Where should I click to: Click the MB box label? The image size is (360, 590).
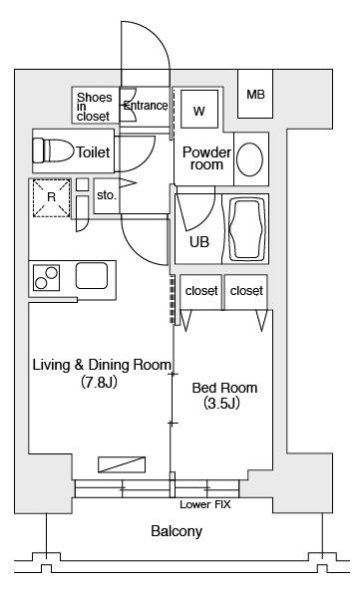[x=256, y=94]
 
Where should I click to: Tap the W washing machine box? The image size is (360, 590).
[x=198, y=110]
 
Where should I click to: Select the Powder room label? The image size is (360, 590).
[x=206, y=157]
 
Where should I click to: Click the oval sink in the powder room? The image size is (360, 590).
[x=252, y=158]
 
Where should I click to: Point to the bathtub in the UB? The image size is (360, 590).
[x=248, y=228]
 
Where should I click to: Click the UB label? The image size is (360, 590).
[x=198, y=241]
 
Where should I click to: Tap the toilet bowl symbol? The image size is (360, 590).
[x=56, y=151]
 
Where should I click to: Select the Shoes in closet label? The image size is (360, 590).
[x=94, y=106]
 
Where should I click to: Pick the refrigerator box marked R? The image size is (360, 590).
[x=51, y=197]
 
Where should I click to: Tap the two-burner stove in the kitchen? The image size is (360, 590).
[x=46, y=277]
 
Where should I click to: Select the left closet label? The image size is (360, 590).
[x=201, y=291]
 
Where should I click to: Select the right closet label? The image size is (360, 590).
[x=245, y=291]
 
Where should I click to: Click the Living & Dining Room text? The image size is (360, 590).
[x=103, y=364]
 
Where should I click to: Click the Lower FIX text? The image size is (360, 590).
[x=204, y=505]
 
